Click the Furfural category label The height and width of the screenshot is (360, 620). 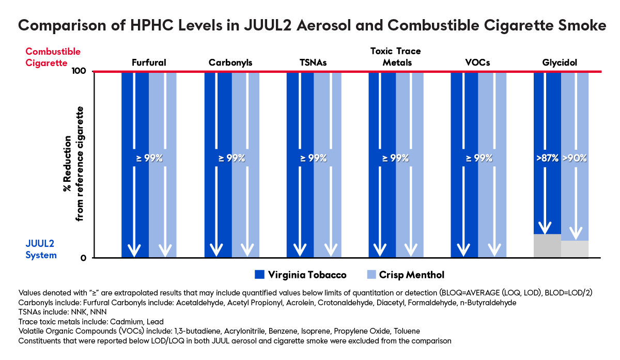point(148,63)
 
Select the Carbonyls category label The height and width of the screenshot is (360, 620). point(230,63)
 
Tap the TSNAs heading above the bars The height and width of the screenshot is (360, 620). point(313,63)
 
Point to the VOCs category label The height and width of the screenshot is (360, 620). point(477,63)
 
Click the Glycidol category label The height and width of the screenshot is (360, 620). point(560,63)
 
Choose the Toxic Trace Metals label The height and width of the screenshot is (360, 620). point(396,57)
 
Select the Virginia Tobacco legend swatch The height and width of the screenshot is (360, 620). point(260,274)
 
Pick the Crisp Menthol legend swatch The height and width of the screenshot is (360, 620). point(369,274)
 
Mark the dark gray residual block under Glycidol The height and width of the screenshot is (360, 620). point(547,246)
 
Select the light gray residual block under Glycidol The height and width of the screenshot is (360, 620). point(575,249)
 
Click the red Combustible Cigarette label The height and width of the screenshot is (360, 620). point(53,57)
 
